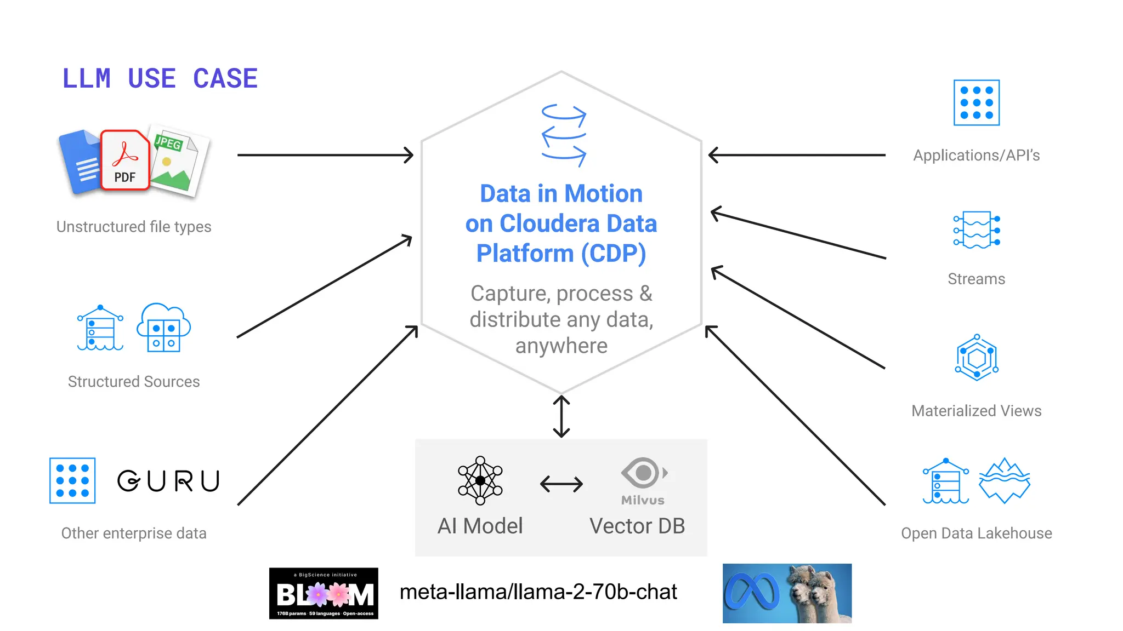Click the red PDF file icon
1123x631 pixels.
125,160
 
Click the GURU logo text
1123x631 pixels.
168,481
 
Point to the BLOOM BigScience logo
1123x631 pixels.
324,593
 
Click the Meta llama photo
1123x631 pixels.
787,593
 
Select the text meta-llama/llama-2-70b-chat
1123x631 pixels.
538,592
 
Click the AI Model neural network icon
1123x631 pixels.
480,480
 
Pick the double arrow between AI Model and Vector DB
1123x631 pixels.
561,484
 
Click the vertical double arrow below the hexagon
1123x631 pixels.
561,416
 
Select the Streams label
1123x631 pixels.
976,279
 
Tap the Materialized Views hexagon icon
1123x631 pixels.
977,358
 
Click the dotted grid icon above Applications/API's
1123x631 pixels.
977,103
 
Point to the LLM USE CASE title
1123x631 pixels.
160,78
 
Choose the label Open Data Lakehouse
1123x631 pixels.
976,533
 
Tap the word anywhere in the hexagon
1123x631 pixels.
561,346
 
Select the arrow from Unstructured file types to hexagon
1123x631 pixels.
325,155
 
